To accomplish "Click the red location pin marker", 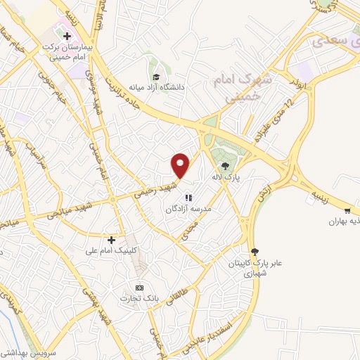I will (x=181, y=165).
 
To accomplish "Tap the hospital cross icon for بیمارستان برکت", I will (x=67, y=34).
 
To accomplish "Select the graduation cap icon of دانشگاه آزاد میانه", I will (x=155, y=77).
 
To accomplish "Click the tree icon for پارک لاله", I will (x=225, y=167).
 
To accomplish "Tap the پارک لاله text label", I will (x=227, y=179).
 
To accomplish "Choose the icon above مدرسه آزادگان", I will (x=188, y=198).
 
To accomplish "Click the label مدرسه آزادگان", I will (x=188, y=209).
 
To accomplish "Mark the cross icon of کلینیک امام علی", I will (x=111, y=240).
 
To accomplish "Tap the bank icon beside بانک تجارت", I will (x=139, y=288).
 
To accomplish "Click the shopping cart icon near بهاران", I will (x=347, y=210).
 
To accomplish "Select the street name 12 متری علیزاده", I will (x=270, y=120).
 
